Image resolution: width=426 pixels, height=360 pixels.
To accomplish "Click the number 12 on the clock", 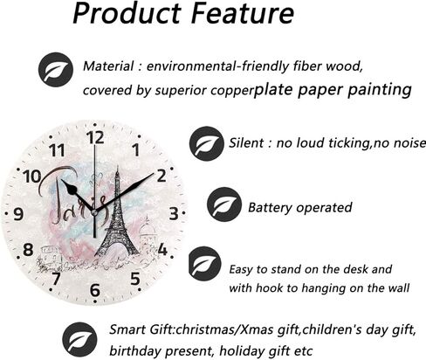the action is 95,137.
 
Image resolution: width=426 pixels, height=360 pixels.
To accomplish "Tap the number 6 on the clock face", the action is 95,290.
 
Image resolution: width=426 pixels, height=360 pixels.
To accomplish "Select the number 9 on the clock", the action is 18,214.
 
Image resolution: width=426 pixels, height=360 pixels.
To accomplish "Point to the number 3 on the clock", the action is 174,213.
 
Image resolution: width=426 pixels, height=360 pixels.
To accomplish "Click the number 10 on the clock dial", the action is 32,177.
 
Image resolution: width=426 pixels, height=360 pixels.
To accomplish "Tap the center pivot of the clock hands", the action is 94,212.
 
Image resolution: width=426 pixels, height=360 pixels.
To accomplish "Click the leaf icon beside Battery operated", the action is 224,204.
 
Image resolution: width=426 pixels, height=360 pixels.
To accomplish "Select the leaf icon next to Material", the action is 56,69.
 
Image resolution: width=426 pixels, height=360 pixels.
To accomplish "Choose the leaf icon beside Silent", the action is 207,143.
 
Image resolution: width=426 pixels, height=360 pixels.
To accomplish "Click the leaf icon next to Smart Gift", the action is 79,339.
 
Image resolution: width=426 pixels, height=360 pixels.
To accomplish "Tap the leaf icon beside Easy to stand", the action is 205,263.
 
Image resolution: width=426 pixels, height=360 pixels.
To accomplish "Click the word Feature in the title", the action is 243,13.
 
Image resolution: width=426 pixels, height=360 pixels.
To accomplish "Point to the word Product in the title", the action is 127,13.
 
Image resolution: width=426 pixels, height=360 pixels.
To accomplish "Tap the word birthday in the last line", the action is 136,350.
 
